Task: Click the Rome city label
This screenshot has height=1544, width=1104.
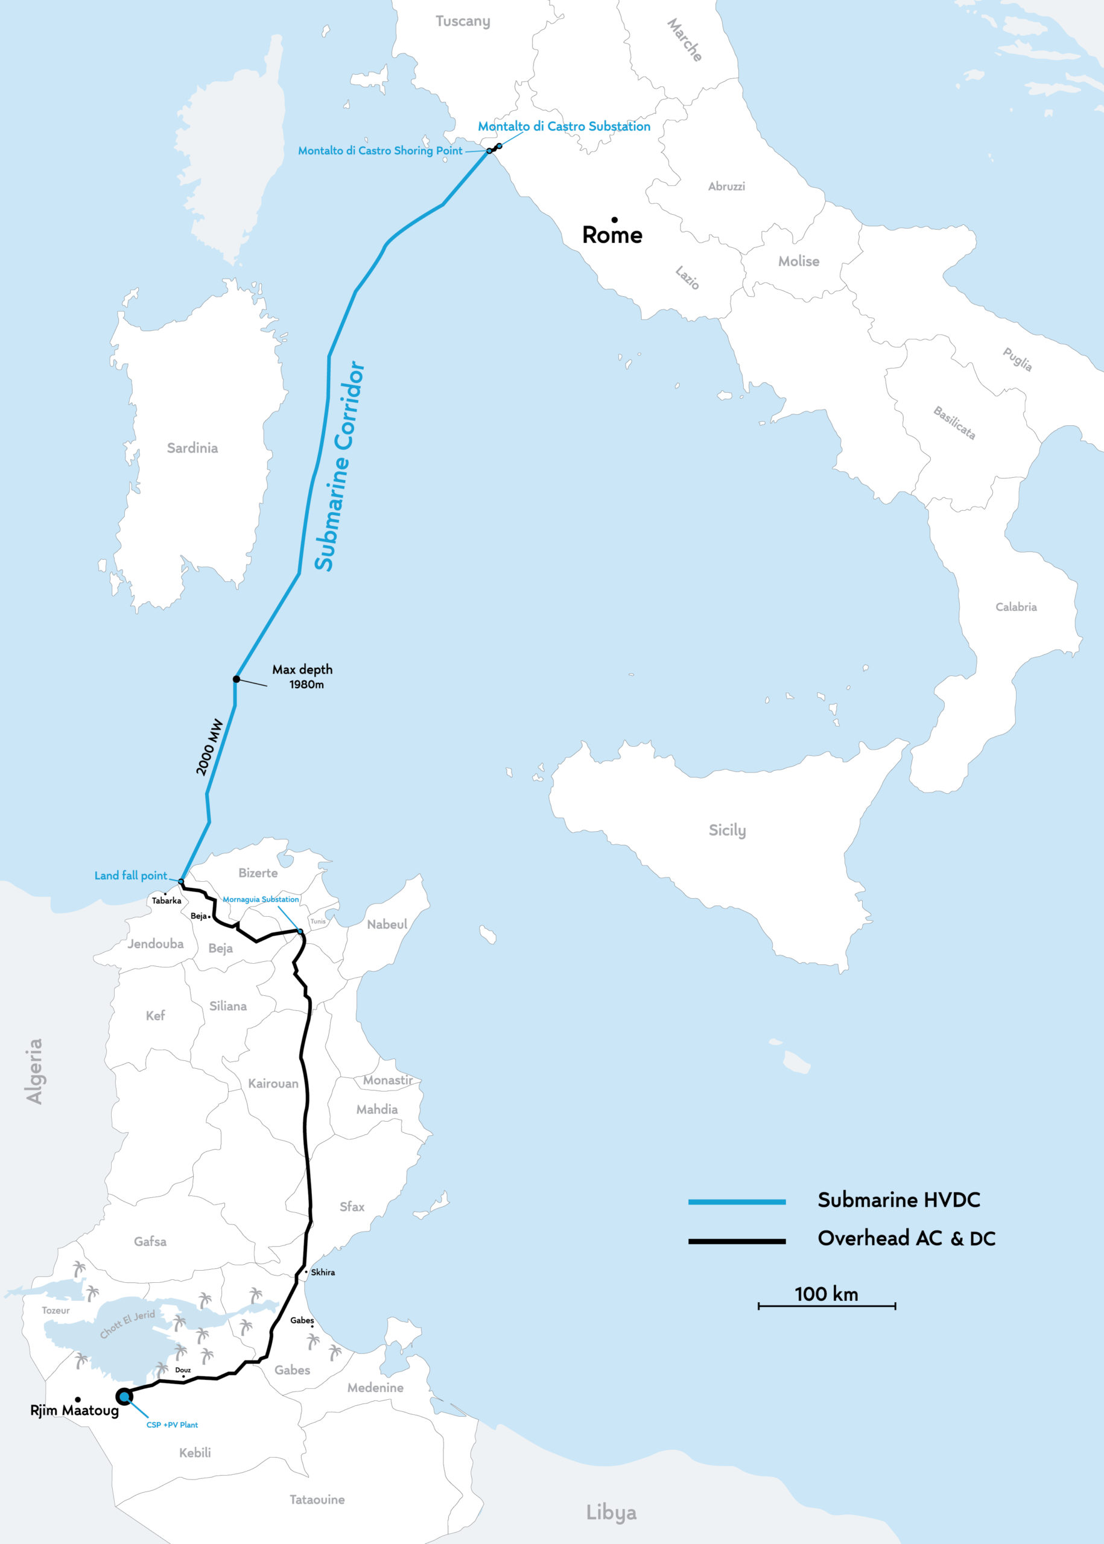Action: pos(612,235)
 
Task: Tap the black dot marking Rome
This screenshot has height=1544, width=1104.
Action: pos(615,220)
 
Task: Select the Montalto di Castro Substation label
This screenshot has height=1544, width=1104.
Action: pos(563,127)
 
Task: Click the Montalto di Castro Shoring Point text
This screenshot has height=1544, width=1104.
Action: pos(380,151)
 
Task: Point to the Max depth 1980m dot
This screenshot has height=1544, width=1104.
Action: pos(236,679)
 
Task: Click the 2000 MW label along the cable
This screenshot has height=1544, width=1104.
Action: pos(209,747)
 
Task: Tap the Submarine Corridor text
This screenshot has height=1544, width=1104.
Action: pos(339,466)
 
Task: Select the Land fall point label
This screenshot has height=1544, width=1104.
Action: pos(130,875)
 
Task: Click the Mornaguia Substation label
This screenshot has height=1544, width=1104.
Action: pos(261,899)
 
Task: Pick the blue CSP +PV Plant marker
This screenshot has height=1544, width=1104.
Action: pos(124,1396)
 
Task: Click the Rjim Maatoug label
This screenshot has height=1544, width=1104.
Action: pos(74,1410)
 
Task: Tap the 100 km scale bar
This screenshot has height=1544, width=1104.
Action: pos(826,1306)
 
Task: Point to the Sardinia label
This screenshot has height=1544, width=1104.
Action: pos(192,448)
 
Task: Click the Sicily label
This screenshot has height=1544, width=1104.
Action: pos(727,830)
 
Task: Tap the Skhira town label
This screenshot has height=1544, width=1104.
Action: pos(323,1272)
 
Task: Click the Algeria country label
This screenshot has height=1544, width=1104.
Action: pos(34,1071)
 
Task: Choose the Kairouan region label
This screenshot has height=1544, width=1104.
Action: pos(273,1083)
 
